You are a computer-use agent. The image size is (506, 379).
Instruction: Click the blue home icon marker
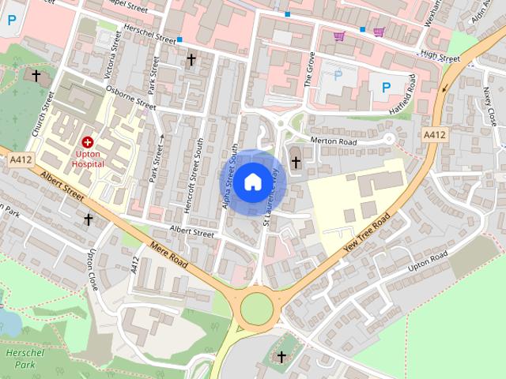pyautogui.click(x=252, y=182)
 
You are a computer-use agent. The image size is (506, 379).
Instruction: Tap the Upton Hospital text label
pyautogui.click(x=87, y=159)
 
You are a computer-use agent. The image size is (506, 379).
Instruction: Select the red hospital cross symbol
pyautogui.click(x=87, y=142)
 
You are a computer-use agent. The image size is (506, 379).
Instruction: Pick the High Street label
pyautogui.click(x=440, y=57)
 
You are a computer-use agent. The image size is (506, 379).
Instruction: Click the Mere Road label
pyautogui.click(x=169, y=255)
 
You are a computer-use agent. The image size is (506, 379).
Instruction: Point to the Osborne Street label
pyautogui.click(x=131, y=102)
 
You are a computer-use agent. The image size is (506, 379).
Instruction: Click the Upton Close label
pyautogui.click(x=93, y=268)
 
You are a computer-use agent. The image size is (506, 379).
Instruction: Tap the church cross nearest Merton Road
pyautogui.click(x=296, y=163)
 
